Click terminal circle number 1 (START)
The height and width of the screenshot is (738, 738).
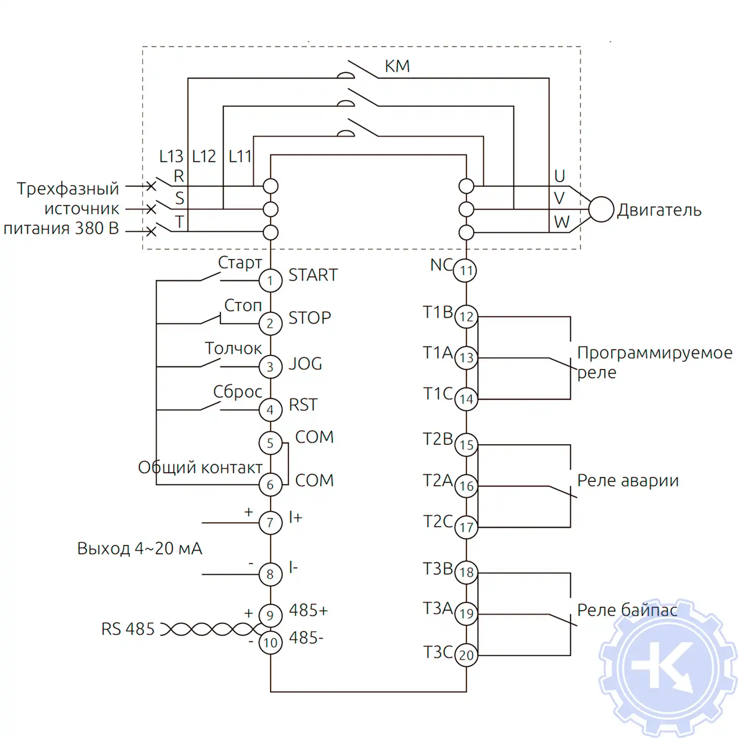(270, 280)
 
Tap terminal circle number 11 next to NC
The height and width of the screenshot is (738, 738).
(465, 270)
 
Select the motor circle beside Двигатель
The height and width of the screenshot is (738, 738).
(601, 209)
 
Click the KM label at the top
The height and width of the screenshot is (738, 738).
(397, 66)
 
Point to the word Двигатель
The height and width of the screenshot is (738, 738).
(659, 210)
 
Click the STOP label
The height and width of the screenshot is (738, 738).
(309, 318)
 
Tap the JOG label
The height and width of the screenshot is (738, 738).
(305, 364)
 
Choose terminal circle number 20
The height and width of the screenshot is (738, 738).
(466, 655)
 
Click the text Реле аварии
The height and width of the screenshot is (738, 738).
(628, 480)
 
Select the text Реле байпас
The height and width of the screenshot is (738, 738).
(627, 610)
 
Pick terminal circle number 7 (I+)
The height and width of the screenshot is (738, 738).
(270, 523)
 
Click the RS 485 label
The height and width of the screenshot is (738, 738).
(128, 629)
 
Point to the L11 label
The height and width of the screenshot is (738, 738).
(240, 156)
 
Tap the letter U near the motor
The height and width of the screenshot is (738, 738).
(559, 176)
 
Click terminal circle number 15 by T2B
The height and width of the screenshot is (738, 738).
(466, 445)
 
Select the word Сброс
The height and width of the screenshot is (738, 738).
(238, 392)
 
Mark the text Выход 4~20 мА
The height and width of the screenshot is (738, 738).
(140, 548)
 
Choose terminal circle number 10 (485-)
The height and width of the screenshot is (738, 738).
(270, 643)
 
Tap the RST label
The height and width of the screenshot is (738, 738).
(303, 404)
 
